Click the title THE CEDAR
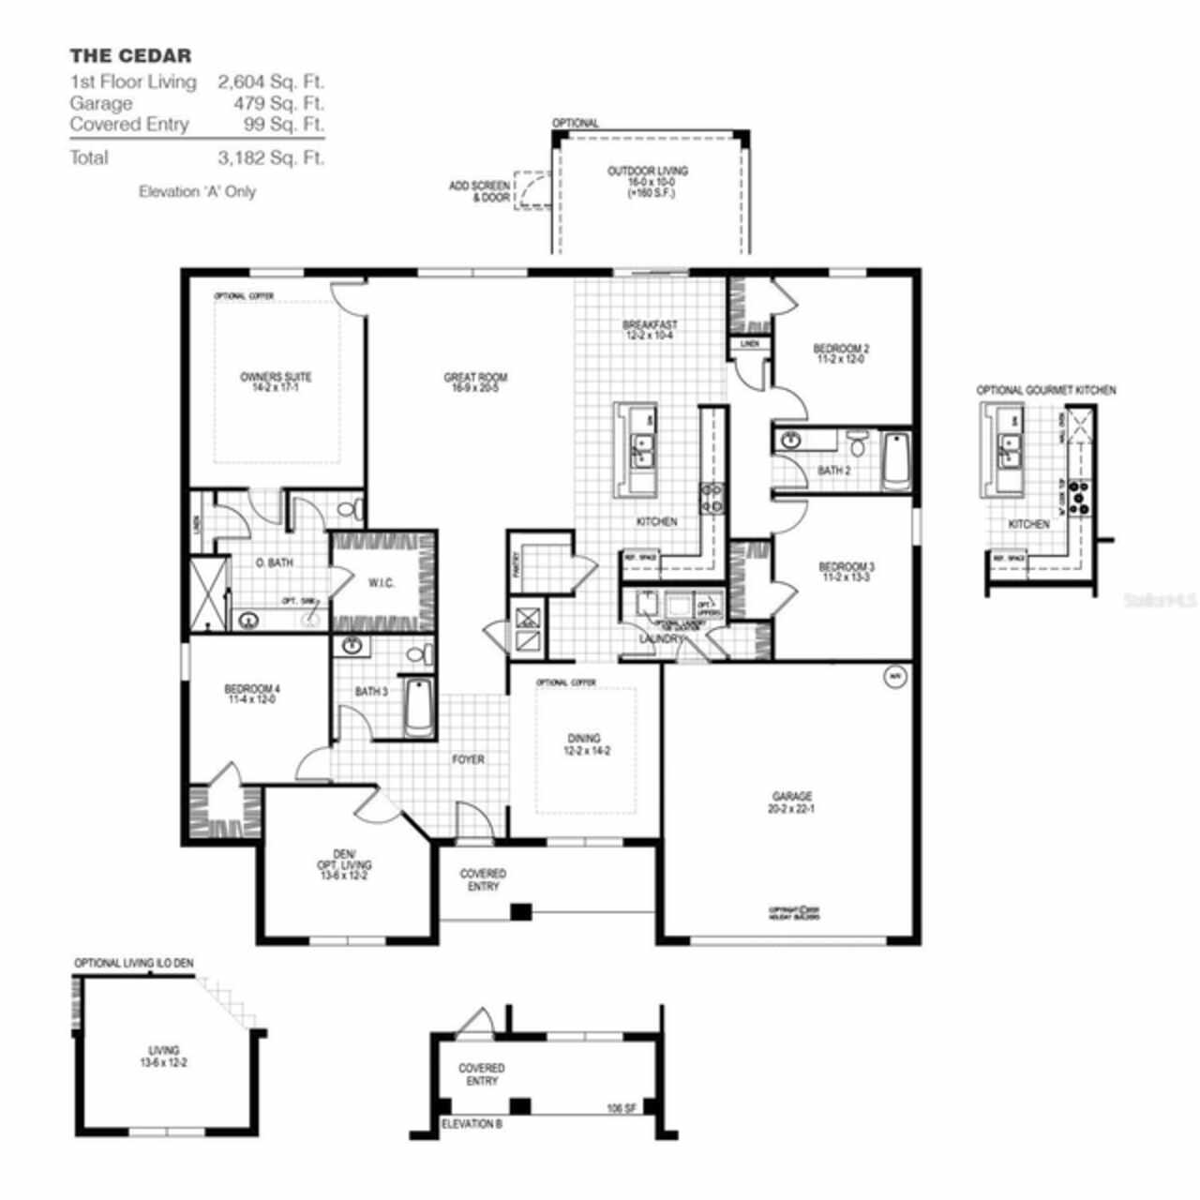(130, 56)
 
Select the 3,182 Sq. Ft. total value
(271, 157)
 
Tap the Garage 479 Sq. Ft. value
(271, 103)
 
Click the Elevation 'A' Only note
(197, 191)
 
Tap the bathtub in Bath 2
(896, 459)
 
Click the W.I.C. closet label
(382, 583)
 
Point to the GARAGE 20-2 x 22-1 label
(792, 802)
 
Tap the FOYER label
(468, 759)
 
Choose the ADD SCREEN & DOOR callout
(479, 192)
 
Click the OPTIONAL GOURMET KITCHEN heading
(1046, 390)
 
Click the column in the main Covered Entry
(520, 911)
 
